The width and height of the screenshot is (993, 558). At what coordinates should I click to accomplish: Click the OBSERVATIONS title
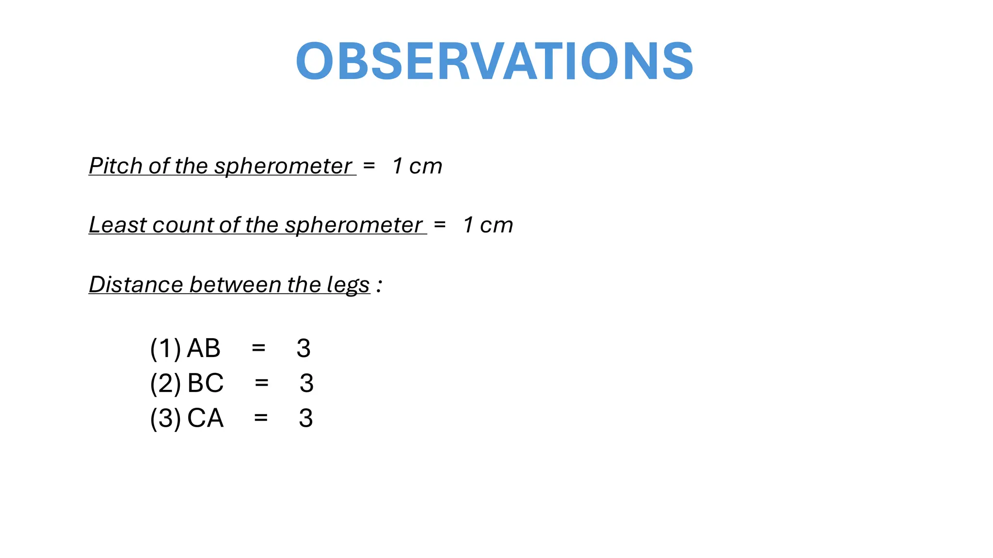click(x=495, y=62)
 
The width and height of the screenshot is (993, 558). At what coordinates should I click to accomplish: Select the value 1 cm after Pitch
click(x=417, y=166)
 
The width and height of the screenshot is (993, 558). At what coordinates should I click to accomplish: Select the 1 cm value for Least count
click(x=488, y=225)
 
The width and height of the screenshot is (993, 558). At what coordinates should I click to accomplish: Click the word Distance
click(x=136, y=284)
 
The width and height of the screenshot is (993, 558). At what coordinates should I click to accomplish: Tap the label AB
click(x=204, y=348)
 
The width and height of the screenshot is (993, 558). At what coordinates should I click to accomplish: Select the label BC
click(x=205, y=383)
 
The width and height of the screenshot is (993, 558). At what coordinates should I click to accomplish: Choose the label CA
click(x=205, y=418)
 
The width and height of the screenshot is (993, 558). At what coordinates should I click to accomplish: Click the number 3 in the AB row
click(x=304, y=348)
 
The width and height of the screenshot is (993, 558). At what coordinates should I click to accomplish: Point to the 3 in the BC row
click(x=306, y=383)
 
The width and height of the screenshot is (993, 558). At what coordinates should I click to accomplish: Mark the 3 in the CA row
click(x=306, y=418)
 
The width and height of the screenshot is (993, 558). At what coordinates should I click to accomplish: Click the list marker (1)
click(x=165, y=348)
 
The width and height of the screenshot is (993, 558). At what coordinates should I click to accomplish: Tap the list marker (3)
click(x=165, y=418)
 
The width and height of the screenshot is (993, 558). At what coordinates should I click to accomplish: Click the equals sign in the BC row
click(x=261, y=383)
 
